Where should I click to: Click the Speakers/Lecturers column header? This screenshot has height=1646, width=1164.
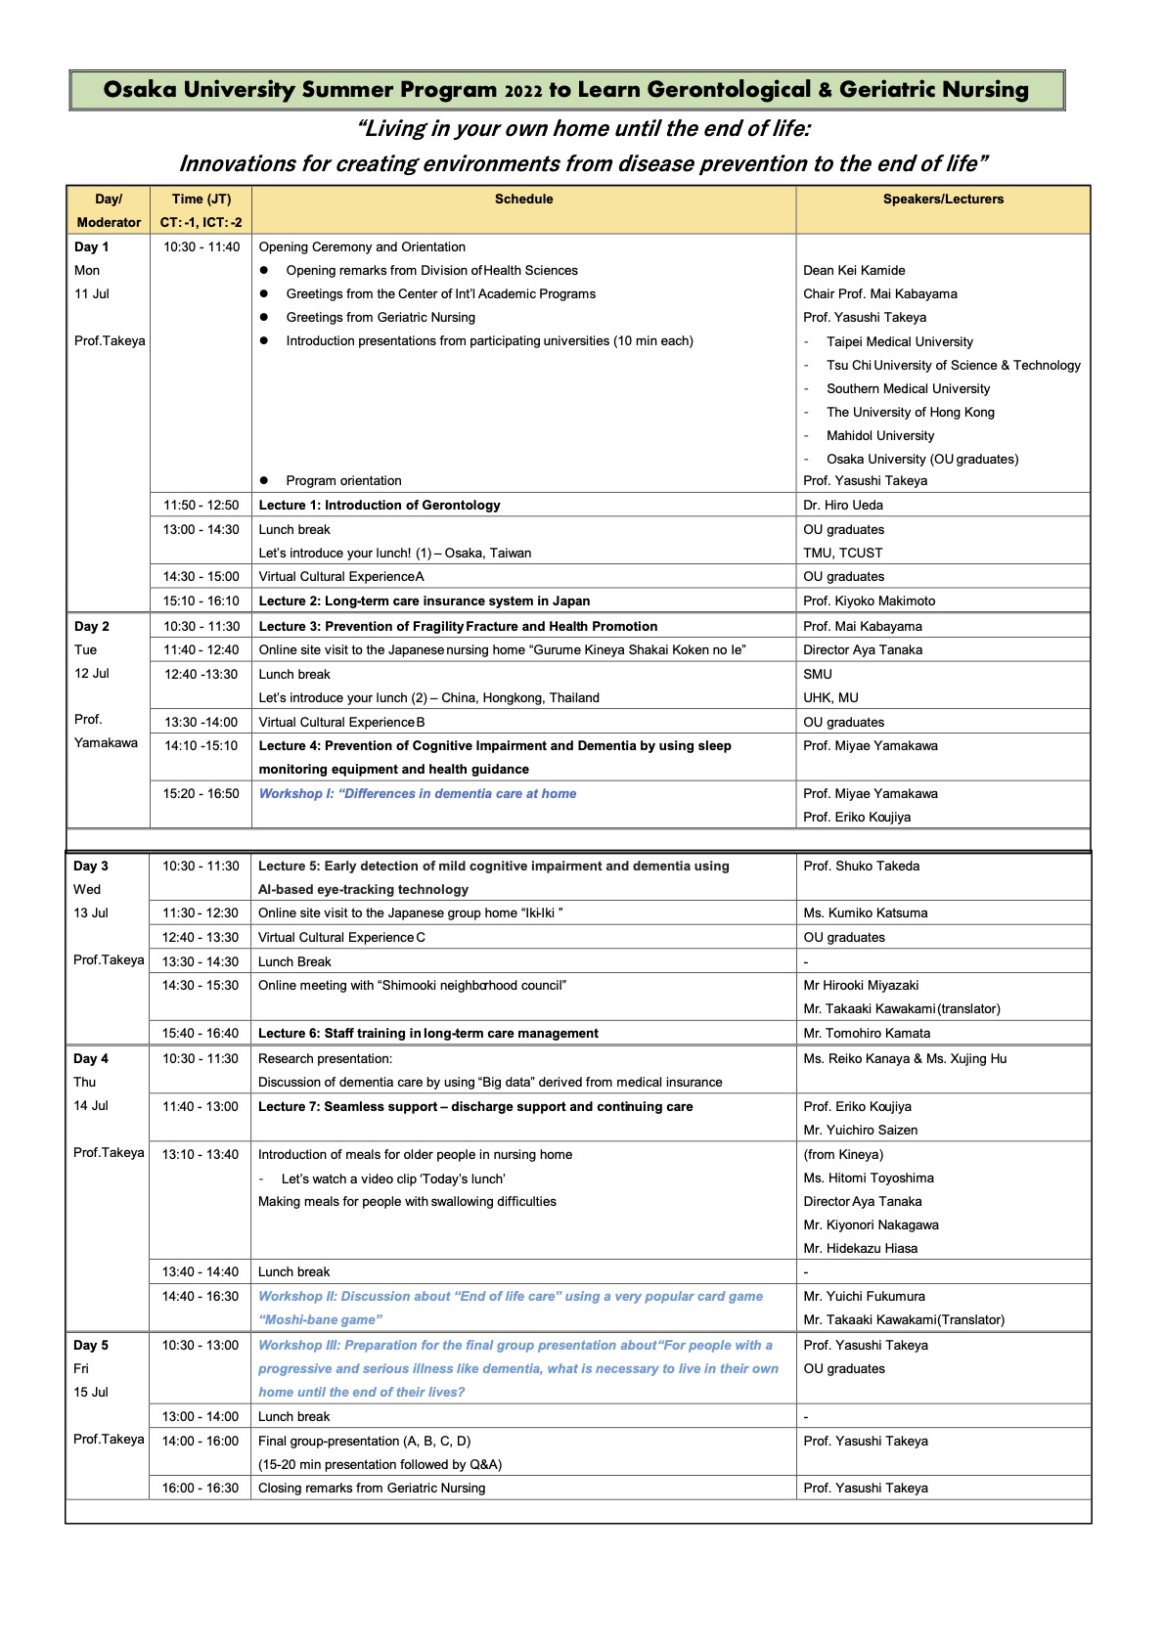coord(943,200)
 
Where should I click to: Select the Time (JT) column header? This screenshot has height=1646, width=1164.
coord(201,200)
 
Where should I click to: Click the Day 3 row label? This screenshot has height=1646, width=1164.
coord(91,867)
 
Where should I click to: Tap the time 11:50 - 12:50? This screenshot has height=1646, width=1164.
coord(201,506)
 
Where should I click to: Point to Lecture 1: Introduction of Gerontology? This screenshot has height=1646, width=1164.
coord(380,506)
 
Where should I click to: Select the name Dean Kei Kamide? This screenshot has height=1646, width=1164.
coord(854,271)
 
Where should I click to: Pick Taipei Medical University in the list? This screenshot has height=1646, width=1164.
coord(899,342)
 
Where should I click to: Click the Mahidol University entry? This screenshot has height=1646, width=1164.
coord(879,436)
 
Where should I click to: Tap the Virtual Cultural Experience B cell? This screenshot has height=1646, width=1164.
coord(341,723)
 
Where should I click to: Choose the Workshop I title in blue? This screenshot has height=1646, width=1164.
coord(418,794)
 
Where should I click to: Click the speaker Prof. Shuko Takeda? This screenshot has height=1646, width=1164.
coord(861,867)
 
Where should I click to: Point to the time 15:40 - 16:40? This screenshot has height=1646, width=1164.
coord(201,1034)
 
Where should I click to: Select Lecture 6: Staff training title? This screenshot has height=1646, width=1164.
coord(428,1034)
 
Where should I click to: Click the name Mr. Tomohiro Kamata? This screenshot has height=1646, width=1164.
coord(867,1034)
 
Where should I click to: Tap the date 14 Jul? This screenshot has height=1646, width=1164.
coord(91,1106)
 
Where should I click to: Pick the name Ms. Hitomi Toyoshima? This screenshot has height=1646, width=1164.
coord(869,1179)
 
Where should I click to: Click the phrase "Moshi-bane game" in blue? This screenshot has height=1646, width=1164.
coord(320,1320)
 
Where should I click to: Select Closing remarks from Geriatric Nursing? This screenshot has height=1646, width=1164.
coord(372,1489)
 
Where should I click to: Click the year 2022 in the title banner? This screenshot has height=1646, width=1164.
coord(523,91)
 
